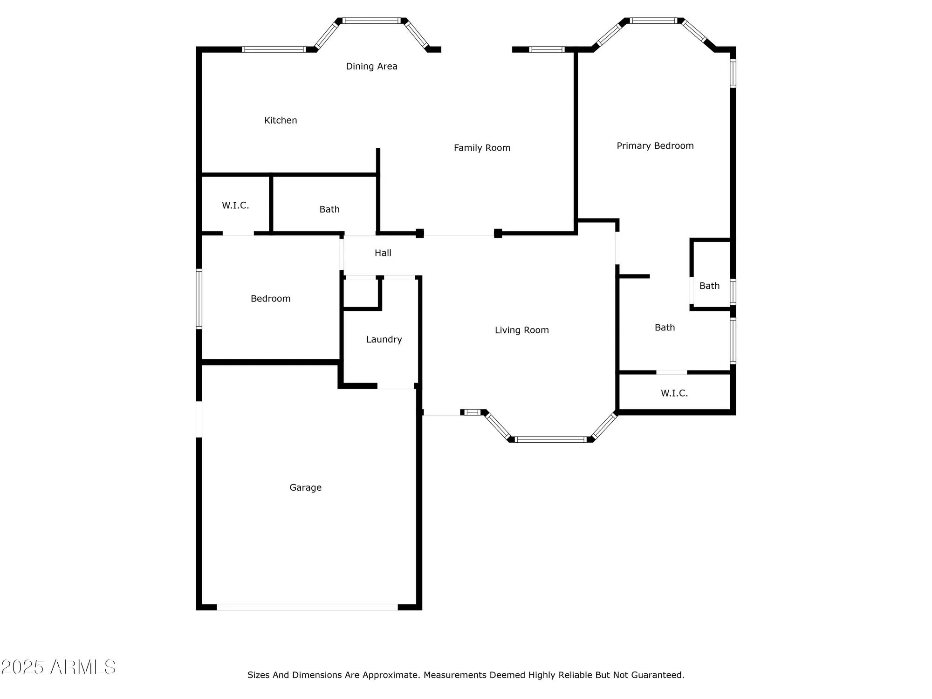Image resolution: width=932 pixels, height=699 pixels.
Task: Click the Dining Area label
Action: [371, 66]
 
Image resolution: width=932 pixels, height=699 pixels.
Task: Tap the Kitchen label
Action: [281, 120]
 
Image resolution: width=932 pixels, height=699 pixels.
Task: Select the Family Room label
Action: [482, 148]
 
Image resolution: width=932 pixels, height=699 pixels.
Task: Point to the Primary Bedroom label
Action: [655, 146]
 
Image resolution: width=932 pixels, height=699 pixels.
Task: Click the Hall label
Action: [383, 253]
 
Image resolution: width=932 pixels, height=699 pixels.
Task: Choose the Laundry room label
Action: [384, 339]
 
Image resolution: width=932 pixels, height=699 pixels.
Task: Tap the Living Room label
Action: [521, 330]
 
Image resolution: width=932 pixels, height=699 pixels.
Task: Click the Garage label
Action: [305, 487]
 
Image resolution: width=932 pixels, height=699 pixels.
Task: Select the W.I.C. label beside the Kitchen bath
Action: [235, 206]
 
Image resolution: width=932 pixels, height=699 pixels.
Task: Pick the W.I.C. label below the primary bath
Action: [674, 393]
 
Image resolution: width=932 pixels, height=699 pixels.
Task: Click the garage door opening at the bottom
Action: [307, 607]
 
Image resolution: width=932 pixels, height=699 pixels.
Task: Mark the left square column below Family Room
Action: [419, 233]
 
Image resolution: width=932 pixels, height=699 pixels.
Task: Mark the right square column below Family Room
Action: [498, 233]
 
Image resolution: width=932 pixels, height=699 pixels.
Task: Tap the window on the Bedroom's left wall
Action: [199, 299]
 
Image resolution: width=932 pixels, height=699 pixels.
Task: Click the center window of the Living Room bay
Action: [550, 439]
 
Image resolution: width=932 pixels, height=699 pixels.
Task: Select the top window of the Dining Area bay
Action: [371, 21]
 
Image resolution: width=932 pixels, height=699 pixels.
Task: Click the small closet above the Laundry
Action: [360, 294]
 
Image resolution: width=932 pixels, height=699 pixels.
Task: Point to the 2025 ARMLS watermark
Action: [58, 667]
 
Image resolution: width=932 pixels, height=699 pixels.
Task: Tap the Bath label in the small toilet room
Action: [709, 286]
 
